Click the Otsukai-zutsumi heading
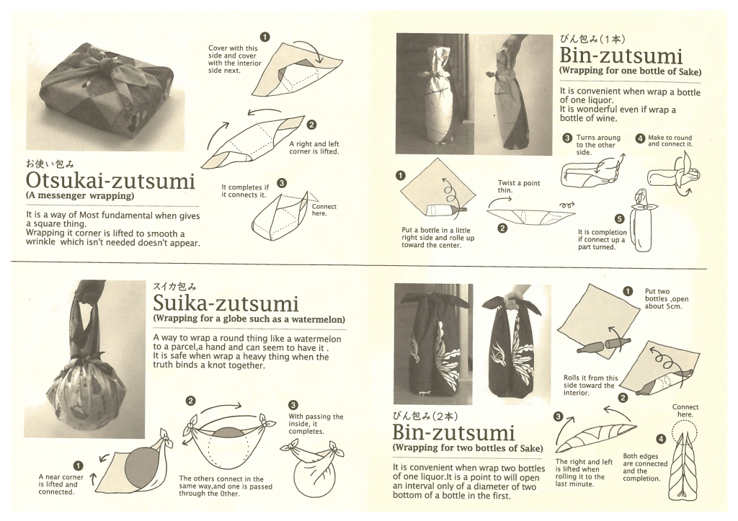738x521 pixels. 110,180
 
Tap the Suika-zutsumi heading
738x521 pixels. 226,303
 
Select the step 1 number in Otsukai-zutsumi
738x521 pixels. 265,37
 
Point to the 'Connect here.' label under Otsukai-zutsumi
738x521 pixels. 324,210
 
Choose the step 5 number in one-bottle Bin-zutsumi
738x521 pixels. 619,219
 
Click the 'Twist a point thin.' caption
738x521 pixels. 519,187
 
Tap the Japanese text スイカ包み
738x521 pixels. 174,286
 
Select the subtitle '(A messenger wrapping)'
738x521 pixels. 80,196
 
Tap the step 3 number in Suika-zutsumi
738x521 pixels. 293,405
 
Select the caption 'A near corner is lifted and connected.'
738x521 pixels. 61,484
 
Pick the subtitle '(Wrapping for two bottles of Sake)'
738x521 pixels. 468,448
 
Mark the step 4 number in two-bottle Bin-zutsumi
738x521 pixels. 662,439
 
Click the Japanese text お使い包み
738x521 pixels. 50,164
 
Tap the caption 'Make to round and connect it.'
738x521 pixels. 670,141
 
